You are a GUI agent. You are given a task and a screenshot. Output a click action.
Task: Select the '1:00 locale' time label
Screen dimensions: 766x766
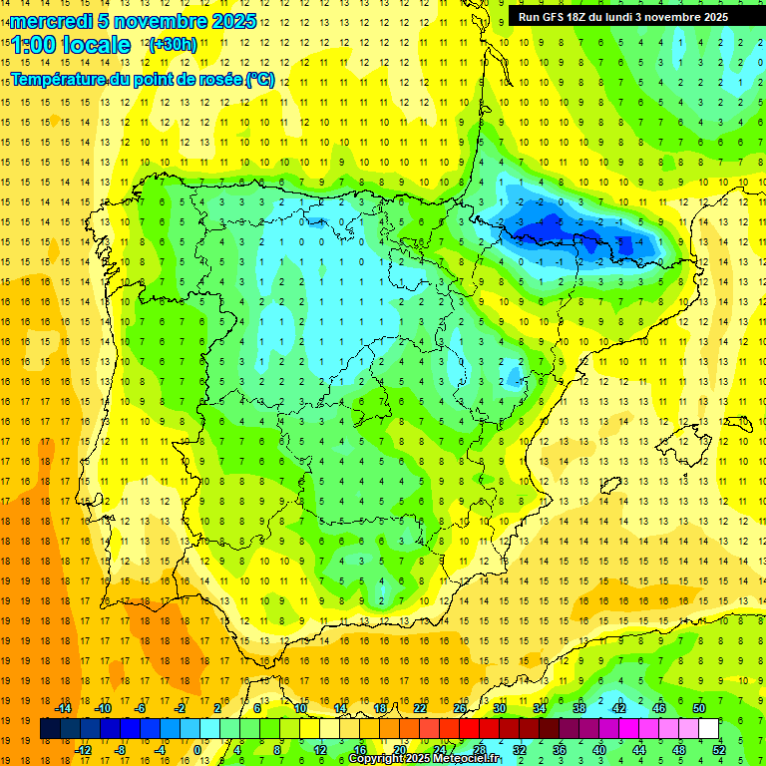point(71,45)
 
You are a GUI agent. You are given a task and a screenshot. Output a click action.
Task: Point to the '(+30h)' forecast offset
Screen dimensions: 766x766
point(173,44)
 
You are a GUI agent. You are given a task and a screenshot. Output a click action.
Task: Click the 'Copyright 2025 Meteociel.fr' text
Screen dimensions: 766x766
point(424,759)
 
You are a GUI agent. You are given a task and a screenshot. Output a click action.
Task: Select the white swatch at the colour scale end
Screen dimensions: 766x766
point(709,729)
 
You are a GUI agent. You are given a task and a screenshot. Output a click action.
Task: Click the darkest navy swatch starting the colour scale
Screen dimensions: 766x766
point(50,729)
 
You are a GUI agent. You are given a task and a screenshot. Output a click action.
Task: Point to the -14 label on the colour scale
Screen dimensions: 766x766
point(63,708)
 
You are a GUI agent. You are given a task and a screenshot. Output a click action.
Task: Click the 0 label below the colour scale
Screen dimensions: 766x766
point(197,750)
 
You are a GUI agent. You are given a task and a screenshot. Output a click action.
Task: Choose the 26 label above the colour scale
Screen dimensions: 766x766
point(460,708)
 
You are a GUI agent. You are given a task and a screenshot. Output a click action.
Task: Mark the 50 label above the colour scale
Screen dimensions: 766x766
point(699,708)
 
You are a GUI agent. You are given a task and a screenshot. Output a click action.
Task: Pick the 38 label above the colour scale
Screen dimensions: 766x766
point(579,708)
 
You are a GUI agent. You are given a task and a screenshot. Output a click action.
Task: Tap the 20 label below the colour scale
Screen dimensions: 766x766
point(399,750)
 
